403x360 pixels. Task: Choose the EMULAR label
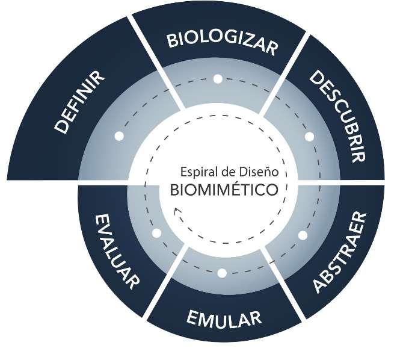click(x=223, y=317)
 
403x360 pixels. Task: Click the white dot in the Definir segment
click(x=119, y=137)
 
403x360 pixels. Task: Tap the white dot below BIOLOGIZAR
click(x=218, y=79)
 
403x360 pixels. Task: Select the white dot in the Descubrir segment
click(x=309, y=137)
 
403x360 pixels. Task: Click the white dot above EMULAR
click(x=222, y=273)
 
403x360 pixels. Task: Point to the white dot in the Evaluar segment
click(x=157, y=232)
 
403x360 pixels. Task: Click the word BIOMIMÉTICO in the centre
click(x=223, y=190)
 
